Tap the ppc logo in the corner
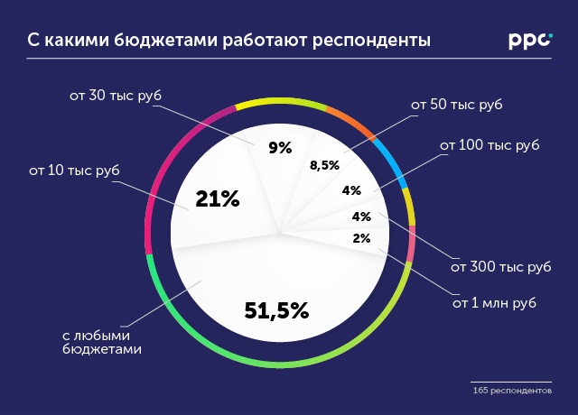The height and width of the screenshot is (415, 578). coord(530,41)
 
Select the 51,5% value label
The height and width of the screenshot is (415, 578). coord(276,311)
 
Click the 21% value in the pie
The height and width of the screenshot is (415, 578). coord(218,200)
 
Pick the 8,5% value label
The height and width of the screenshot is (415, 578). coord(324,165)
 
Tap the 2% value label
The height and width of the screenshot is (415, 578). coord(362,238)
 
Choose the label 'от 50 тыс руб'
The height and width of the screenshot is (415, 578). coord(456,105)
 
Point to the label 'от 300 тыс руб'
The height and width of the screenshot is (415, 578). coord(500,267)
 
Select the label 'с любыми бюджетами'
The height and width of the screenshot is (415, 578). coord(102,341)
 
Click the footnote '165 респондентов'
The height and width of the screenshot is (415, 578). coord(512,391)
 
